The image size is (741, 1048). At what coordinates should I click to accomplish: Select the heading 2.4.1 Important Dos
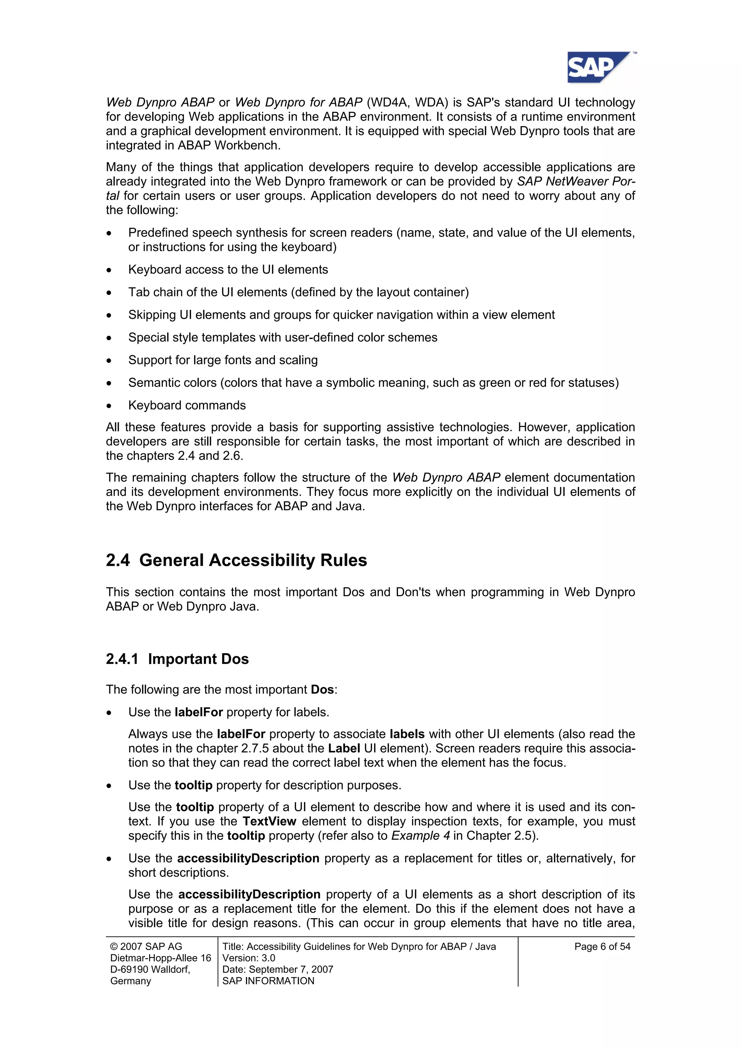177,659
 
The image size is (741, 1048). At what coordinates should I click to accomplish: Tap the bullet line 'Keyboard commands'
187,405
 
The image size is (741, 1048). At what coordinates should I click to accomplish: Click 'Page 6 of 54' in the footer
602,946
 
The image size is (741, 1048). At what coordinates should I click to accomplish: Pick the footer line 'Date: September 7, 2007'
278,969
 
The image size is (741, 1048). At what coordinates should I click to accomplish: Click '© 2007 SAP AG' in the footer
146,946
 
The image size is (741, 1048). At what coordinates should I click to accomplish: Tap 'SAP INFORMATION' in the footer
268,980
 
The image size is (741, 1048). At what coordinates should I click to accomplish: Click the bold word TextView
269,821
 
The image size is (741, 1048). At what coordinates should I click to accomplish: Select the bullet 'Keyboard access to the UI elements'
228,269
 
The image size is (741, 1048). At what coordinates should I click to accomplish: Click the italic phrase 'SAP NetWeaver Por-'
576,181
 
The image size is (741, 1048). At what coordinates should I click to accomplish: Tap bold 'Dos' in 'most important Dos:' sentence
322,689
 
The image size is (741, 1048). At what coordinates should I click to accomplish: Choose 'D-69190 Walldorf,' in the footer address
150,969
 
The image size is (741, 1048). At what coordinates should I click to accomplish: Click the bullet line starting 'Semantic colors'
373,382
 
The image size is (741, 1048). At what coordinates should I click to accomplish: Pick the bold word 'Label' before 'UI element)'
344,748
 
